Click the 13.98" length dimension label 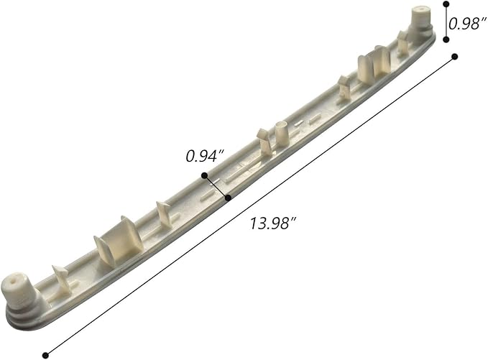[x=273, y=223]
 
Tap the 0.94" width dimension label [x=205, y=156]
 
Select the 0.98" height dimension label [x=467, y=23]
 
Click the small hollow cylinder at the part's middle [x=282, y=133]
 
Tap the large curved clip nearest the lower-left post [x=119, y=241]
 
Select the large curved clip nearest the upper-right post [x=374, y=63]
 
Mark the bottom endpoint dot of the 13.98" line [x=45, y=355]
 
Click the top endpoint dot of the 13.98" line [x=455, y=57]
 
